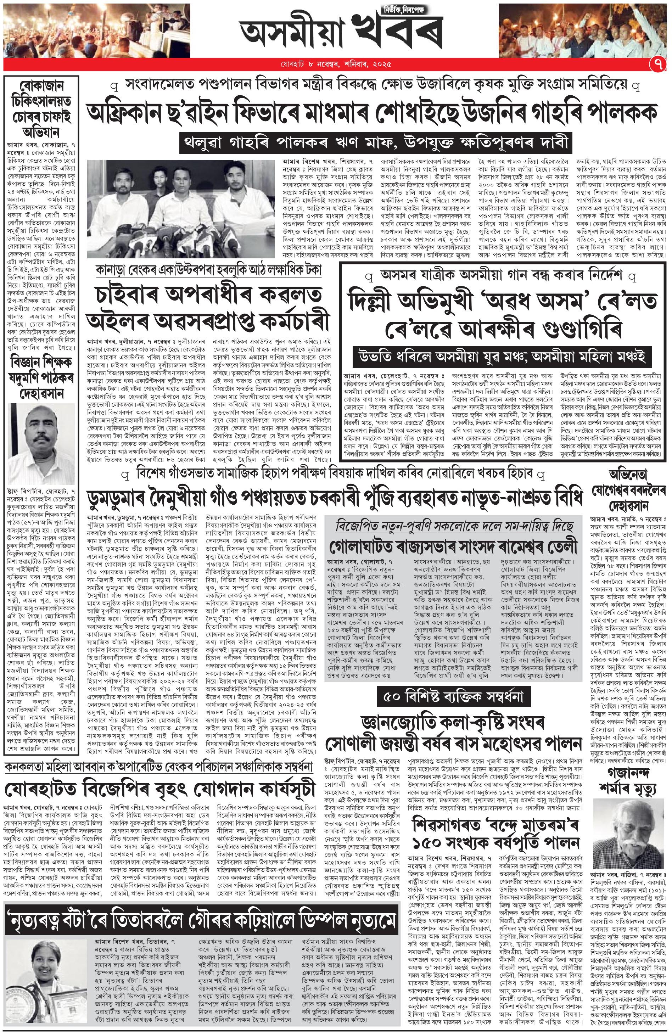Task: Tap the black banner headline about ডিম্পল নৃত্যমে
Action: click(200, 937)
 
